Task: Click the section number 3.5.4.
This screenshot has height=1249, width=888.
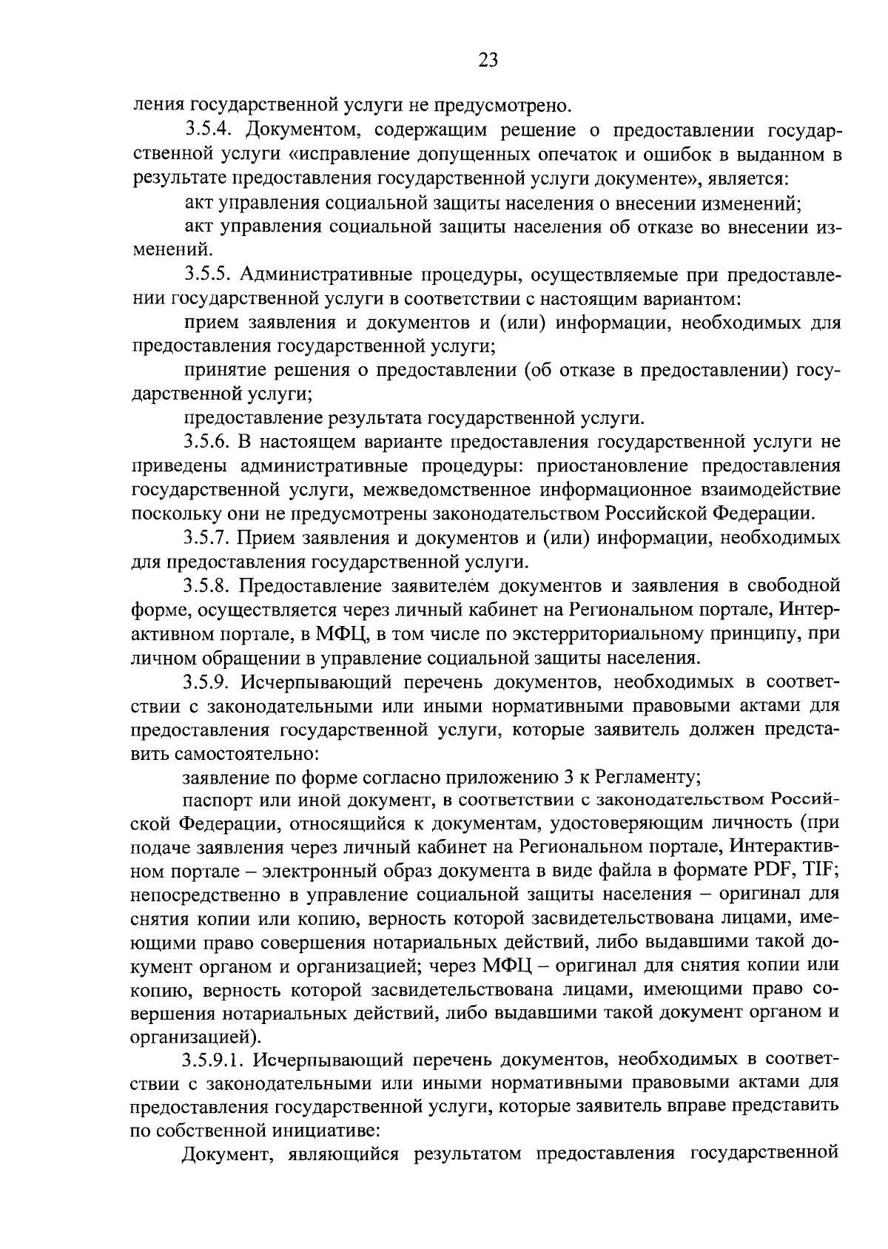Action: tap(209, 132)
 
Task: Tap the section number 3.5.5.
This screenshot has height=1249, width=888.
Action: tap(209, 275)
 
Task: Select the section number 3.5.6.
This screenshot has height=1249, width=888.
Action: tap(209, 442)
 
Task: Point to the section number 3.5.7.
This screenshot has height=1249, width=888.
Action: tap(209, 537)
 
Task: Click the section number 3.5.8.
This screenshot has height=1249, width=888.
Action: tap(209, 586)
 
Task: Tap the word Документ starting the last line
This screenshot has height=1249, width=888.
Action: tap(224, 1154)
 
